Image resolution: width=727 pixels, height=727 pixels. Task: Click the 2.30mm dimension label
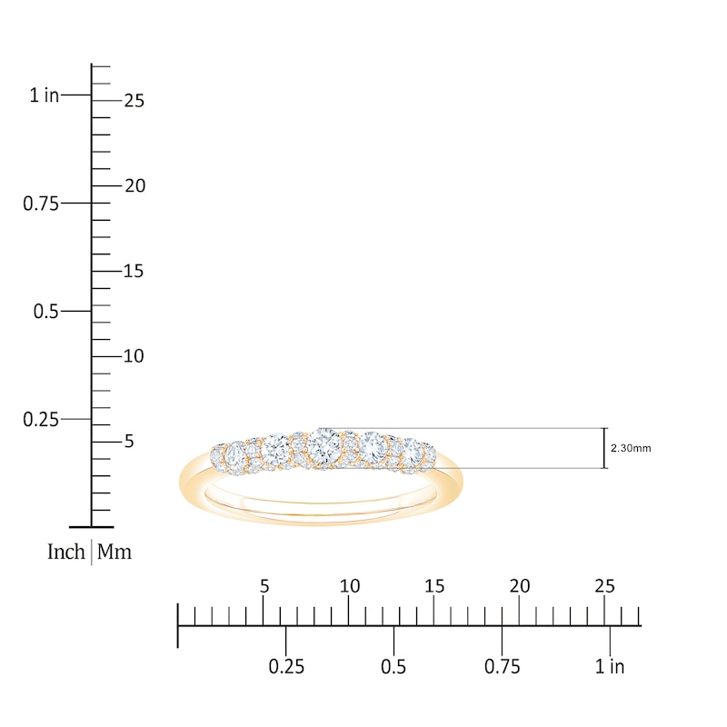632,448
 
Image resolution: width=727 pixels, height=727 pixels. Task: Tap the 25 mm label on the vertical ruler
134,101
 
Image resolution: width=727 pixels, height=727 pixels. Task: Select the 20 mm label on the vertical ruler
134,185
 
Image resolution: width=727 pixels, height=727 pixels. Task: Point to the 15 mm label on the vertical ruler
134,271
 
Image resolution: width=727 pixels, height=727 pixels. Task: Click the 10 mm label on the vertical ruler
134,356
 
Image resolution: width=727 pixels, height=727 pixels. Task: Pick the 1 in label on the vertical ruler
44,95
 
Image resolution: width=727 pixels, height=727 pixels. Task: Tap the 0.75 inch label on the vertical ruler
41,204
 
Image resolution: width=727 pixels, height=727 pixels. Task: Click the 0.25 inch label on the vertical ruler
41,420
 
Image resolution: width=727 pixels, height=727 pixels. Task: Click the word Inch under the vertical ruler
66,552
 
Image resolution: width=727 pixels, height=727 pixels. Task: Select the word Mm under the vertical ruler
115,552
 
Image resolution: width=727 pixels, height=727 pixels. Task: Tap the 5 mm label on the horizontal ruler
264,586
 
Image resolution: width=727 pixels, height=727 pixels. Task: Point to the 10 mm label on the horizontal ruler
349,586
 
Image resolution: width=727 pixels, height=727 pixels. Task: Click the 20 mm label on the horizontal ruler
520,586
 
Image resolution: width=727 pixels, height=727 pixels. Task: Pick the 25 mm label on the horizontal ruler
605,586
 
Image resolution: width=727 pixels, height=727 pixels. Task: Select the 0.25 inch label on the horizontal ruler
286,667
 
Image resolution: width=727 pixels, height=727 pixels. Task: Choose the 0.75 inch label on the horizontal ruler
503,667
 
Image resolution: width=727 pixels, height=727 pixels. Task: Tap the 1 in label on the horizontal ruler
611,667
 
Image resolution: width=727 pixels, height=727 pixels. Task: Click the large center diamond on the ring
324,445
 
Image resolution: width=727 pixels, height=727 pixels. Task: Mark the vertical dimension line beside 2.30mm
605,448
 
